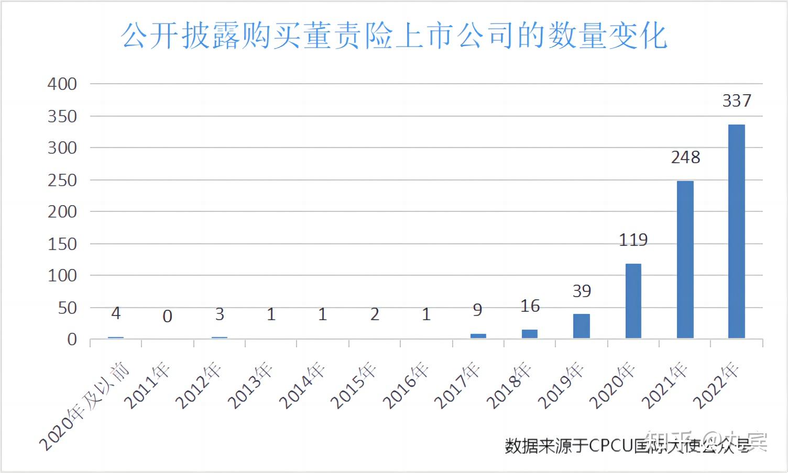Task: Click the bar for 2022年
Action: click(x=736, y=231)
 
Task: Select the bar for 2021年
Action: click(x=685, y=260)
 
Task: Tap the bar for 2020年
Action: click(x=633, y=301)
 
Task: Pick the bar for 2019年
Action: click(x=582, y=326)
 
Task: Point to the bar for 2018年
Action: click(x=530, y=333)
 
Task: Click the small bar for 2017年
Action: click(x=478, y=336)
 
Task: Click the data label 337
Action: click(x=737, y=100)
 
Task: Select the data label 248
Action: click(x=685, y=157)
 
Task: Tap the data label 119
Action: click(x=633, y=240)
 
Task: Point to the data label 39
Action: click(x=582, y=291)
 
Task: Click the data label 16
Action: click(x=530, y=306)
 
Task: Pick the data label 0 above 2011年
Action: click(x=167, y=316)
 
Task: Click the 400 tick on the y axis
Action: click(x=62, y=84)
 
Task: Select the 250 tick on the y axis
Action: click(x=62, y=180)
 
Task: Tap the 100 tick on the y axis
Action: click(x=62, y=276)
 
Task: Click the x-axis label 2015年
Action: click(x=354, y=386)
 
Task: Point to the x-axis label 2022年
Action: click(x=716, y=386)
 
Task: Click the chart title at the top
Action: click(x=394, y=36)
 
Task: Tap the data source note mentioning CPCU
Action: click(x=626, y=446)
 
